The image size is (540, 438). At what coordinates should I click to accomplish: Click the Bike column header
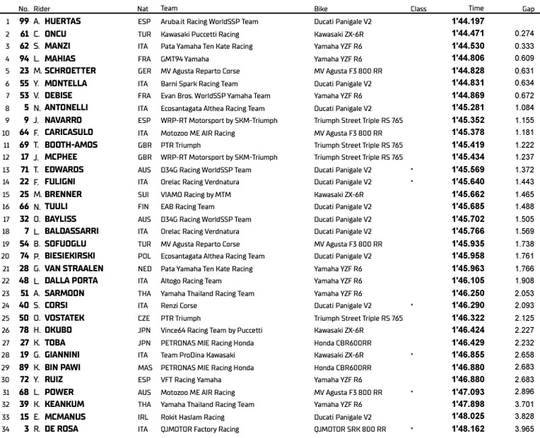pos(321,9)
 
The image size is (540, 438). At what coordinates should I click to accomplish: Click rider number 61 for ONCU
pos(23,34)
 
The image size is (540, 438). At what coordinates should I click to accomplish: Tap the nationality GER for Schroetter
pos(143,71)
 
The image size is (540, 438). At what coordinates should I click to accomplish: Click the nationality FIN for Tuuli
pos(142,207)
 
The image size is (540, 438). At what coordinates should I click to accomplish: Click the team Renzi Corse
pos(180,306)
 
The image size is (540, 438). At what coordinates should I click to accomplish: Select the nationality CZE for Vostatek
pos(142,318)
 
